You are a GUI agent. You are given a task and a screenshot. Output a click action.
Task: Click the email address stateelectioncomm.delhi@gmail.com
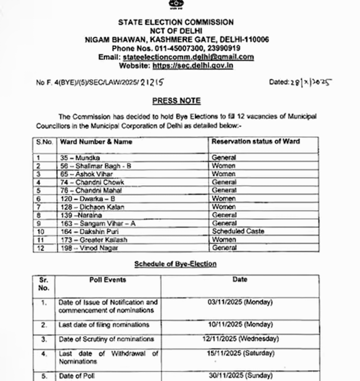[188, 57]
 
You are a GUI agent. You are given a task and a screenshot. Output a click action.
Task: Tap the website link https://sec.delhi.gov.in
[193, 66]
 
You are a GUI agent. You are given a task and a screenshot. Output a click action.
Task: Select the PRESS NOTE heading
[176, 101]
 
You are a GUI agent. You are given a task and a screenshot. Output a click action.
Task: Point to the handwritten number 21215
[152, 82]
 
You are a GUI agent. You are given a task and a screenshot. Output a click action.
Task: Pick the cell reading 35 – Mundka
[80, 158]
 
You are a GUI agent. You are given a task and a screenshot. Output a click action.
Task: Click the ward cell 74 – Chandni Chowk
[92, 182]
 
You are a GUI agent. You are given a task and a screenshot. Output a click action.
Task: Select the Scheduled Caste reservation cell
[238, 231]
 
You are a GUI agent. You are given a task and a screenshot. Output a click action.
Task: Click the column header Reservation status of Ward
[255, 141]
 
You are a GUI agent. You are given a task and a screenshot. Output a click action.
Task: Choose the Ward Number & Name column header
[96, 142]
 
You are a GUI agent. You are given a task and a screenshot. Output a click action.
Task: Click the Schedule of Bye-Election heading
[175, 264]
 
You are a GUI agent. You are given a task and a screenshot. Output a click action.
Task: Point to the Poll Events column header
[108, 280]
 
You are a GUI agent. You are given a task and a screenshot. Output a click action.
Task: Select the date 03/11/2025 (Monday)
[240, 302]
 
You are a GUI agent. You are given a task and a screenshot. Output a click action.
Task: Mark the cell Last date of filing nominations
[104, 325]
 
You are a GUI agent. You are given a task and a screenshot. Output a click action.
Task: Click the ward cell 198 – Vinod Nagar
[89, 248]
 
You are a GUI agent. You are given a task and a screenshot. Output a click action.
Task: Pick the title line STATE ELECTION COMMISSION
[176, 22]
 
